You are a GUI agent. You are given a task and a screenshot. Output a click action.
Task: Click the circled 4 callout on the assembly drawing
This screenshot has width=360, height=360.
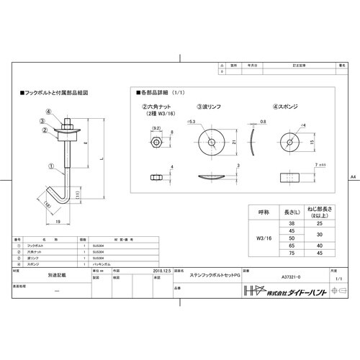click(x=49, y=112)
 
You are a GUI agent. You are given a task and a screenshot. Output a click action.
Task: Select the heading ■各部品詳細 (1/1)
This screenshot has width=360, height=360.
click(x=162, y=94)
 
